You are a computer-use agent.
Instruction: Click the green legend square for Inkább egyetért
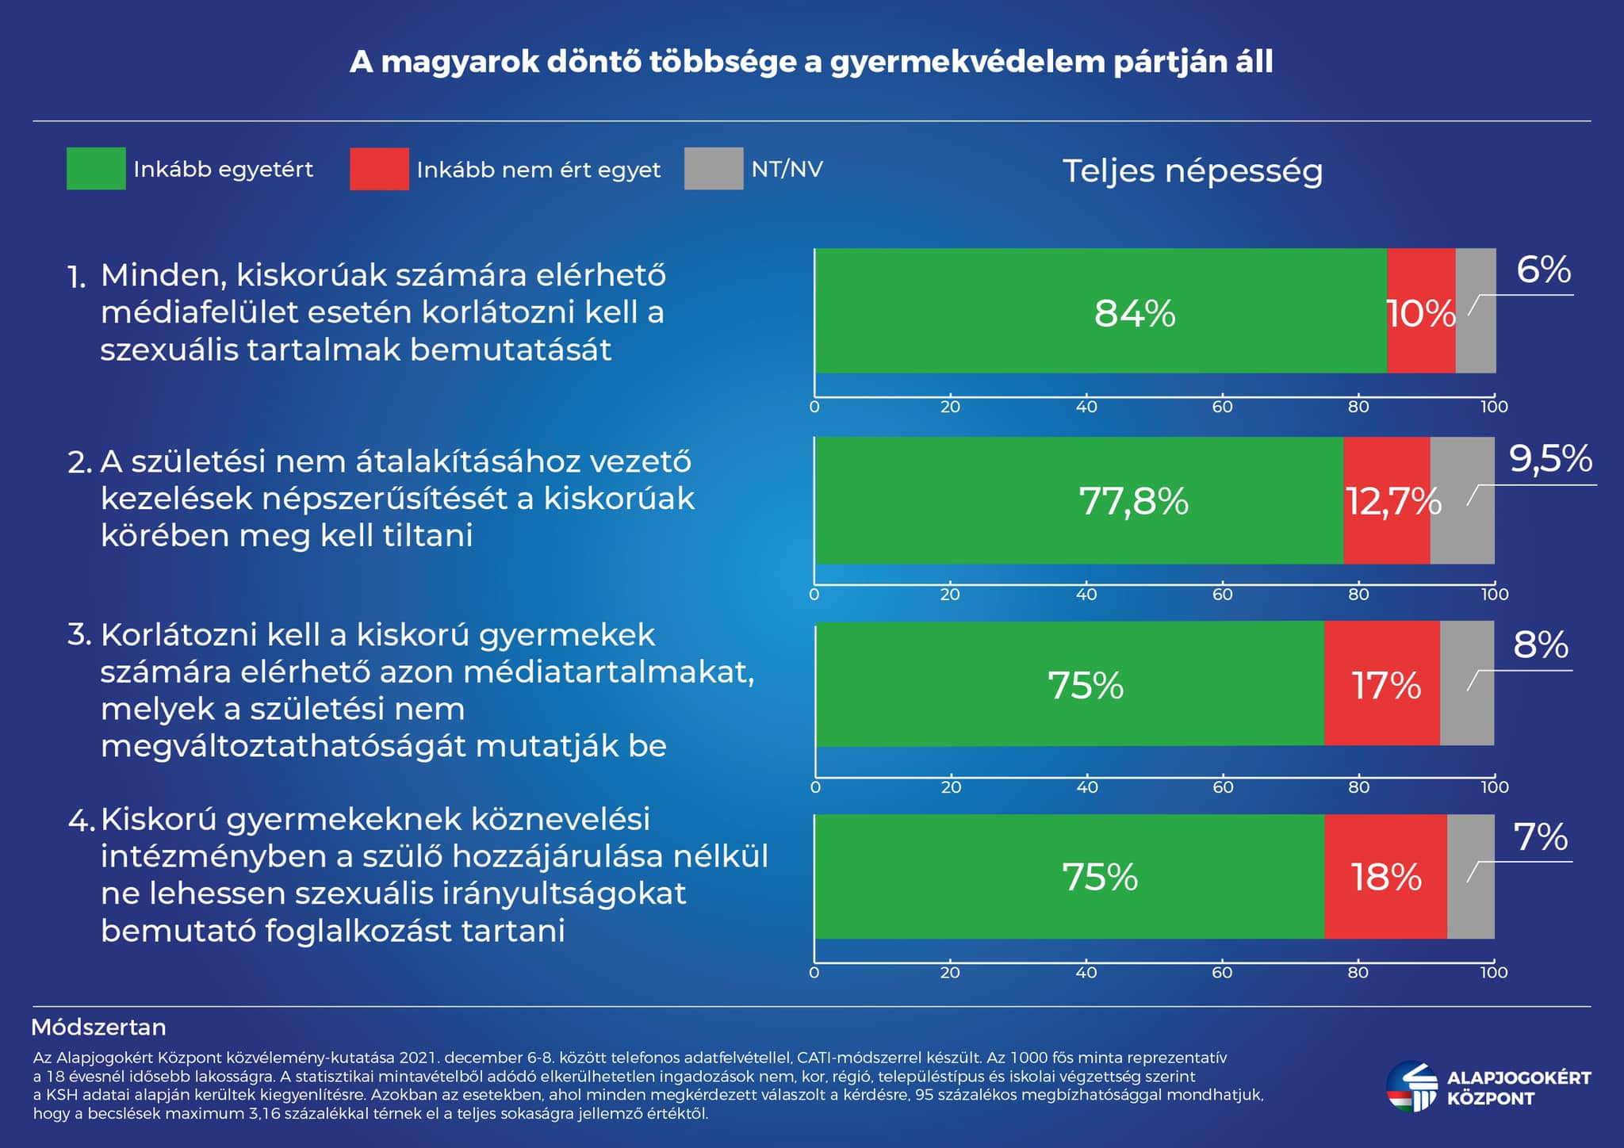click(x=96, y=168)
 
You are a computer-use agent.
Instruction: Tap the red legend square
click(x=379, y=168)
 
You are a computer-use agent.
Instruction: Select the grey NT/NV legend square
click(x=714, y=168)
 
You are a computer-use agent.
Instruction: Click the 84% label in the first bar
click(x=1134, y=313)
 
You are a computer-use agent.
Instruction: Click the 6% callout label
click(x=1543, y=270)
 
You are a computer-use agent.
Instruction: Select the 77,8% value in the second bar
click(x=1134, y=501)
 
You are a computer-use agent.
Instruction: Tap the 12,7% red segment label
click(x=1393, y=501)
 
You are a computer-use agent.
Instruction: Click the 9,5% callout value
click(x=1550, y=459)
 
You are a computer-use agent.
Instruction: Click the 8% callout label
click(x=1541, y=645)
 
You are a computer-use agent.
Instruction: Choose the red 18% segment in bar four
click(x=1385, y=877)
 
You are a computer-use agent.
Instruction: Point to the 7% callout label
click(x=1541, y=837)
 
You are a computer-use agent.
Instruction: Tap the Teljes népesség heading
click(x=1192, y=171)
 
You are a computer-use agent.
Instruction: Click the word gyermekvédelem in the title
click(x=967, y=62)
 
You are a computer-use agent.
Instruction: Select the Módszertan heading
click(x=98, y=1027)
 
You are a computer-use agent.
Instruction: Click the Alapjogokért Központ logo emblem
click(x=1411, y=1087)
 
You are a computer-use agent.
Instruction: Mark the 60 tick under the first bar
click(x=1222, y=407)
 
